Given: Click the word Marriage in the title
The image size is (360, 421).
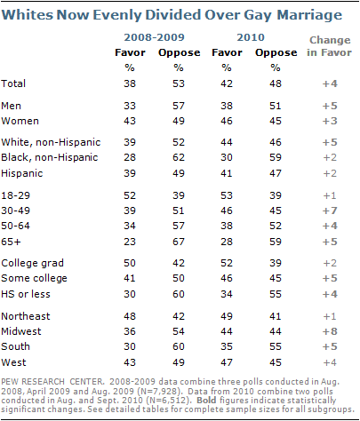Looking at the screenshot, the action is click(309, 15).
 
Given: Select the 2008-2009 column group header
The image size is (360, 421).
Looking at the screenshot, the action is click(154, 37).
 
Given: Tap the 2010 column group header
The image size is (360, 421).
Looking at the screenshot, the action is click(251, 37).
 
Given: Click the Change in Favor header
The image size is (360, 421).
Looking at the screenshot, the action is click(330, 46).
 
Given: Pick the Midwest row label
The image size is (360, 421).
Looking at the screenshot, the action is click(21, 331).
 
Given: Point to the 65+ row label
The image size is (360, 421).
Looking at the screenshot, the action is click(11, 242).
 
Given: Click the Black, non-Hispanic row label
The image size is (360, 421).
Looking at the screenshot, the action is click(50, 157).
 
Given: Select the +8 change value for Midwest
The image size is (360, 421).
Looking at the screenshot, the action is click(330, 331).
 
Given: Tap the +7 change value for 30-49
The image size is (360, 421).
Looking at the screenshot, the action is click(330, 210).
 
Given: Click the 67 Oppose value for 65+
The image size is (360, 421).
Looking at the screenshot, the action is click(179, 242).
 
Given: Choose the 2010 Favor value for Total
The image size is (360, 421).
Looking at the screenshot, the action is click(227, 83).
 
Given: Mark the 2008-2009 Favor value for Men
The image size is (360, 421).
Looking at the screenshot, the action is click(130, 106).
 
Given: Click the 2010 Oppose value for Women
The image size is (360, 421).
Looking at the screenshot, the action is click(276, 121).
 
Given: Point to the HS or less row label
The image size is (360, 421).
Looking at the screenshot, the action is click(26, 294).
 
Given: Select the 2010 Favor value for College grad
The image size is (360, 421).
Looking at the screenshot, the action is click(227, 263).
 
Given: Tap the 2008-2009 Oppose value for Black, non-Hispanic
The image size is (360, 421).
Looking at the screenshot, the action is click(179, 157).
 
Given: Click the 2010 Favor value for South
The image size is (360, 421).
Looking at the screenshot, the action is click(227, 346).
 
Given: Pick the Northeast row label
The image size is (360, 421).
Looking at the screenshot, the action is click(26, 316).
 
